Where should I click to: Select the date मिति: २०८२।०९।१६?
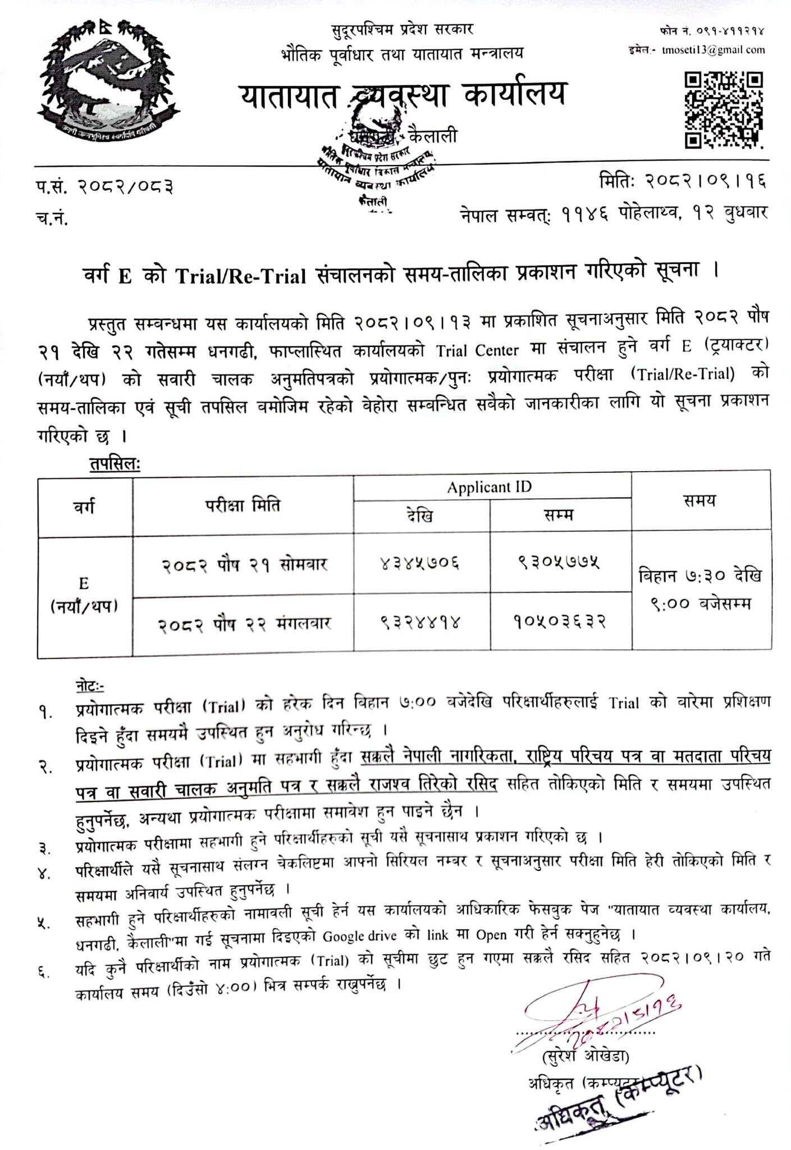coord(683,181)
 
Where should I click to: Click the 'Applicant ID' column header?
coord(489,487)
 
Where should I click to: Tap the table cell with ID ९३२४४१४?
coord(422,622)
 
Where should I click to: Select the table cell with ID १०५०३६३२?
coord(560,622)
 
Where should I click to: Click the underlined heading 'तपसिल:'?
coord(115,464)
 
